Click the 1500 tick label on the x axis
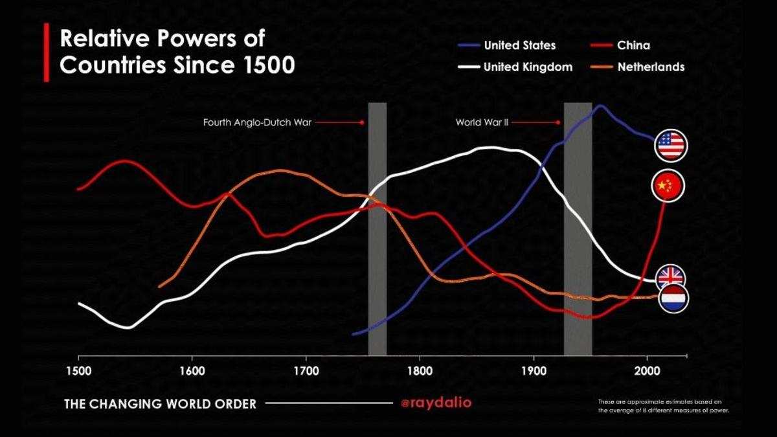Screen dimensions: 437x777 tap(79, 372)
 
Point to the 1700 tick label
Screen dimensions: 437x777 tap(306, 372)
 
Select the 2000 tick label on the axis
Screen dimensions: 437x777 tap(647, 372)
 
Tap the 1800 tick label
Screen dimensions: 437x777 tap(420, 372)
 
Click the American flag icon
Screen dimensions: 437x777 tap(670, 145)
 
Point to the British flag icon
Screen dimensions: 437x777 tap(670, 278)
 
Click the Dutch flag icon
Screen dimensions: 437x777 tap(673, 298)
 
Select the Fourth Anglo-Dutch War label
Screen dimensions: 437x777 tap(257, 122)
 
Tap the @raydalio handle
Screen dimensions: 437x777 tap(436, 403)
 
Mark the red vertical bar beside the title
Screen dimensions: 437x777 tap(47, 52)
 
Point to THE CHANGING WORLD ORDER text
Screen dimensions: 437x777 tap(160, 404)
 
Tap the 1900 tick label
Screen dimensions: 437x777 tap(534, 372)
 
